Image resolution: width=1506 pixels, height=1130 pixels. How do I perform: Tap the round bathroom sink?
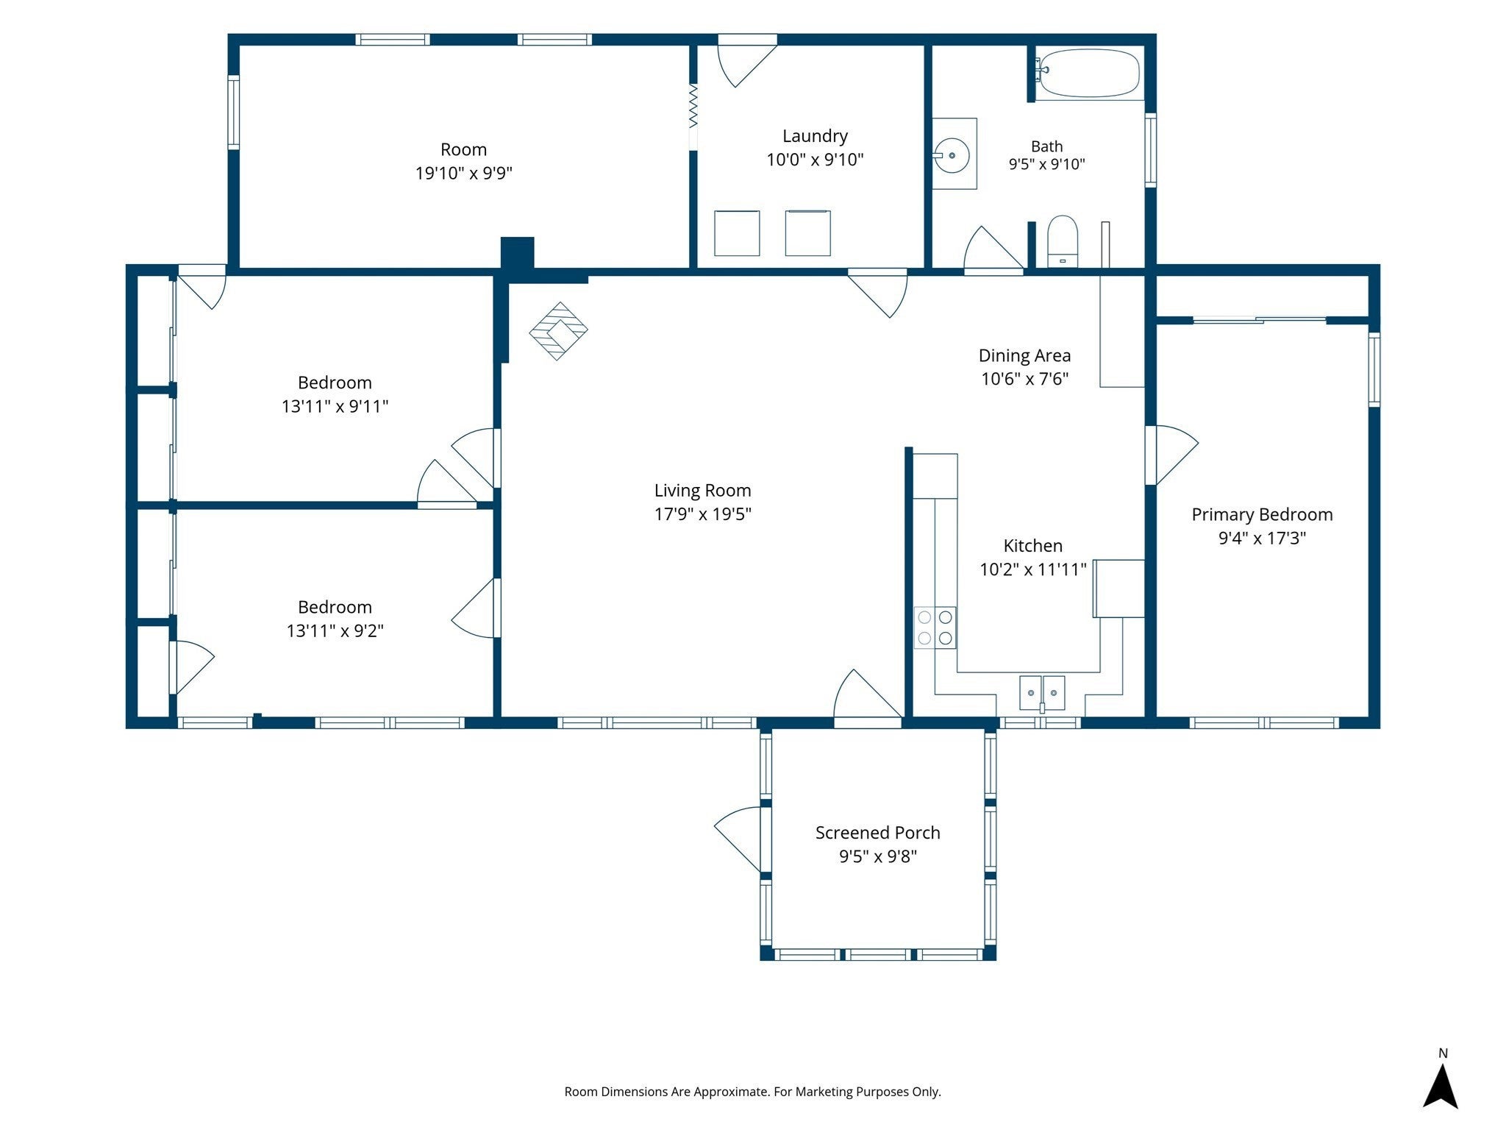tap(952, 155)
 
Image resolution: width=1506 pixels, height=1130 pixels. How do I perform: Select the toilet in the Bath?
tap(1062, 241)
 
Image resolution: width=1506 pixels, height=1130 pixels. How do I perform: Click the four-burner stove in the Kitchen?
tap(935, 628)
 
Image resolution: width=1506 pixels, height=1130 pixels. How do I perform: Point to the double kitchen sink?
tap(1042, 693)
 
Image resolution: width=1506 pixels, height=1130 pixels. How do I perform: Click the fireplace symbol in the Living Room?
tap(558, 331)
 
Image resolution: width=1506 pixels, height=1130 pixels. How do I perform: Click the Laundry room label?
tap(815, 136)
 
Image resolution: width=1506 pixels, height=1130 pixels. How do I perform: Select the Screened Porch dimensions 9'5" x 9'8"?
tap(878, 856)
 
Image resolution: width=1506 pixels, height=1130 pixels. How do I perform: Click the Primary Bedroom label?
tap(1262, 515)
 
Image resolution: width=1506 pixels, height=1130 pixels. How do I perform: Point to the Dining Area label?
tap(1024, 356)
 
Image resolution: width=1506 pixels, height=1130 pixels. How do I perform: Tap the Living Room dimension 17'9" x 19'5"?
tap(703, 514)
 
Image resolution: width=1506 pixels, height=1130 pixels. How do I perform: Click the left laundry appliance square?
tap(737, 233)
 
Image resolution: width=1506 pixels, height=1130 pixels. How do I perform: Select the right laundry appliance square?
tap(807, 233)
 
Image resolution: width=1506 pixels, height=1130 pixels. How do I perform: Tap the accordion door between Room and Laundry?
tap(693, 104)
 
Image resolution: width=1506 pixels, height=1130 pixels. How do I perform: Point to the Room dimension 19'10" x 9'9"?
tap(464, 174)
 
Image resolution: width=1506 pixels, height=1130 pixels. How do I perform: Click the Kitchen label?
tap(1033, 546)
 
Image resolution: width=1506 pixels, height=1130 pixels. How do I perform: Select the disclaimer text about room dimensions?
tap(752, 1092)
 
